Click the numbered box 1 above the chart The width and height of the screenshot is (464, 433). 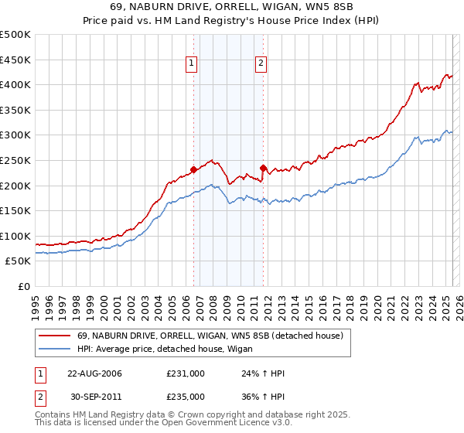tap(191, 64)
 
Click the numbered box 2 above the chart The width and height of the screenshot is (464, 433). tap(261, 64)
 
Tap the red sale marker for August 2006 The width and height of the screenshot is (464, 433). tap(193, 169)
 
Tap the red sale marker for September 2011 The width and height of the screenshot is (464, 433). tap(264, 167)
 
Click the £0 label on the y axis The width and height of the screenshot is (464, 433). tap(24, 287)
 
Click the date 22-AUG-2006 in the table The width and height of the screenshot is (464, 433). tap(94, 373)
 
